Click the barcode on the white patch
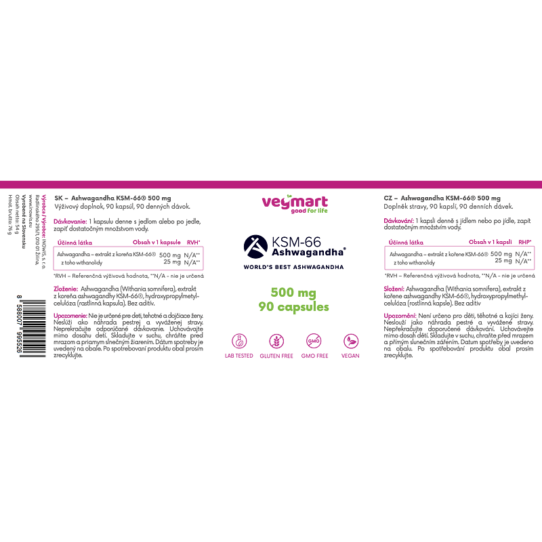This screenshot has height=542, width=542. (x=30, y=327)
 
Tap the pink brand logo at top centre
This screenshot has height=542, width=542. (x=295, y=201)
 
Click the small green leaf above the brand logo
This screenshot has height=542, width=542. (x=289, y=195)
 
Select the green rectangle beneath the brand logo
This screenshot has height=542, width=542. (x=318, y=211)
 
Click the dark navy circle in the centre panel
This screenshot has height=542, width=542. (x=255, y=247)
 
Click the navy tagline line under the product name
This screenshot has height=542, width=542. (x=293, y=268)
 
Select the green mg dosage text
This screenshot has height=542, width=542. (x=293, y=293)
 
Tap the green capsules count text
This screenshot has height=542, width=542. (x=293, y=307)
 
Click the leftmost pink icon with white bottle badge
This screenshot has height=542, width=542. (x=239, y=341)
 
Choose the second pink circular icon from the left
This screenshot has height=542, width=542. (x=276, y=341)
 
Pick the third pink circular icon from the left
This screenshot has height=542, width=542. (x=314, y=341)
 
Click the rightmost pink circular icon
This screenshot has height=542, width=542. (x=351, y=341)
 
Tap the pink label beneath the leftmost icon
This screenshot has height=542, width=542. (x=239, y=356)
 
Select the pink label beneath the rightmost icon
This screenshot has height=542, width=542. (x=350, y=356)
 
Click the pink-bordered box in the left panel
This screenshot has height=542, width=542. (x=128, y=258)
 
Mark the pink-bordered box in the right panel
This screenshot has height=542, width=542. (x=459, y=258)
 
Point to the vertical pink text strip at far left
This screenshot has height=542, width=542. (x=44, y=215)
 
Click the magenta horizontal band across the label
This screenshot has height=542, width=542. (x=271, y=184)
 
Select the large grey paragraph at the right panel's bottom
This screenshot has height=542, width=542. (x=458, y=335)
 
